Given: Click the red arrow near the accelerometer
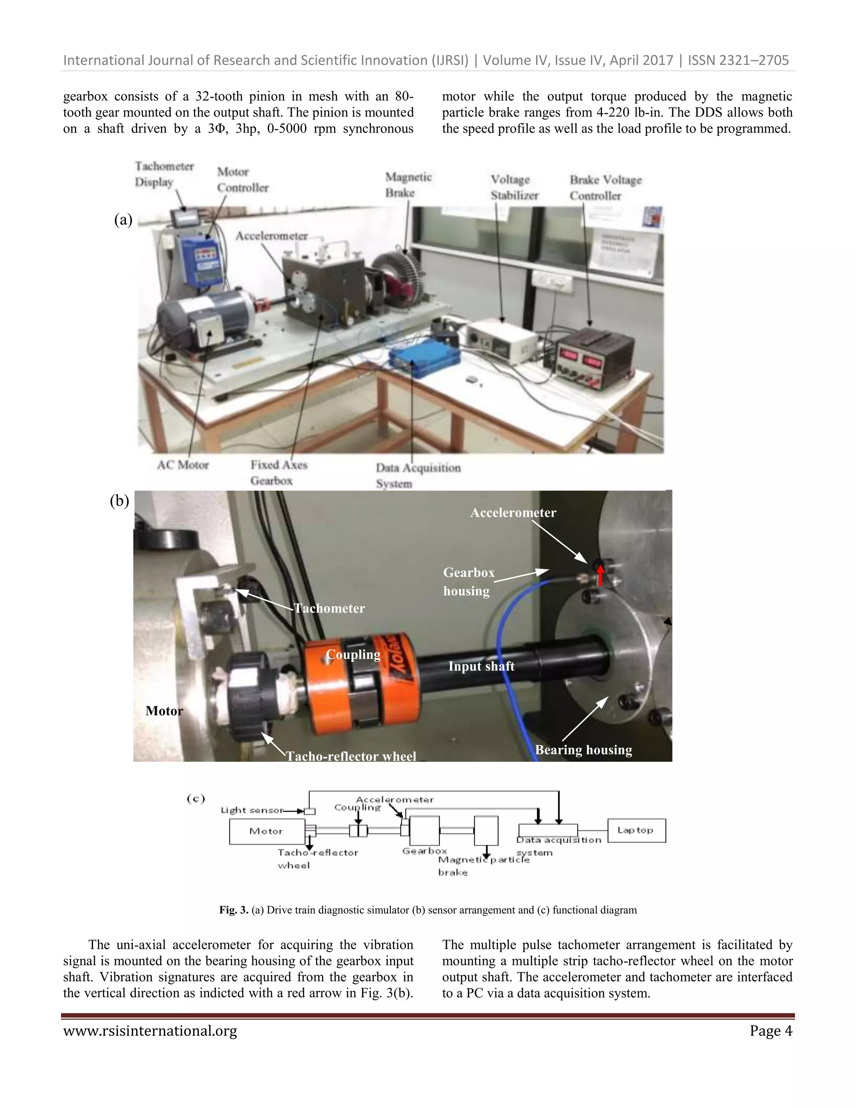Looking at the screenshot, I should [601, 575].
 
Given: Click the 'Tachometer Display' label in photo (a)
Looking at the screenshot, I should [164, 174].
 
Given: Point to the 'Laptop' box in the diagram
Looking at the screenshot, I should [636, 830].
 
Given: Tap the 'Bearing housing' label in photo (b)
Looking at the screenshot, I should [583, 750].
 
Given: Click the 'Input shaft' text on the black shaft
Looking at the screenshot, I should [481, 666].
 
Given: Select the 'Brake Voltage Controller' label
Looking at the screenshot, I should [605, 188].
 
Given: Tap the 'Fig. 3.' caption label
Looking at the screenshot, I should [233, 910].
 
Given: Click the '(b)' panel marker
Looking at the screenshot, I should [119, 501].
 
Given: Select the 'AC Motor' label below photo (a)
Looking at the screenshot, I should [183, 465].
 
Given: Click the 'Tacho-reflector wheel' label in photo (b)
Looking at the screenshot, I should [351, 756].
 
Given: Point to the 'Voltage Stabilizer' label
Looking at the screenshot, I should [514, 187].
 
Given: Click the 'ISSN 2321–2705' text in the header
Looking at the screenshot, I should [738, 60].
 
